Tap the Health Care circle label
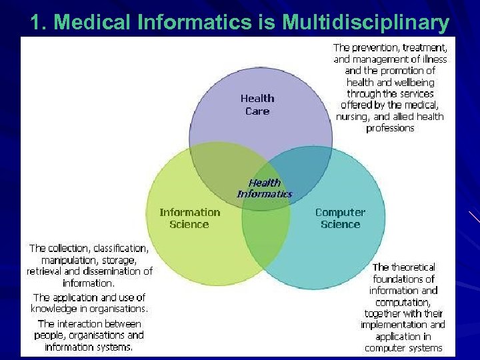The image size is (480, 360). coord(257,105)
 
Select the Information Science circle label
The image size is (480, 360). coord(189,218)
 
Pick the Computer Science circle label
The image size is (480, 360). coord(340,218)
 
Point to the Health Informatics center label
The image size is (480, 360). coord(265,188)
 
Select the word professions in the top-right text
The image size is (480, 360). coord(390,127)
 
